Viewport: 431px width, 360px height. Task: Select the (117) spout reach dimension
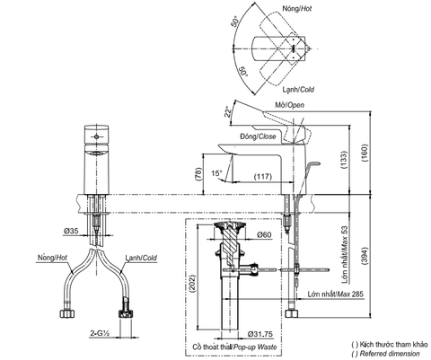click(x=262, y=177)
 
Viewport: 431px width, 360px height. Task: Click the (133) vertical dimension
click(x=345, y=158)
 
